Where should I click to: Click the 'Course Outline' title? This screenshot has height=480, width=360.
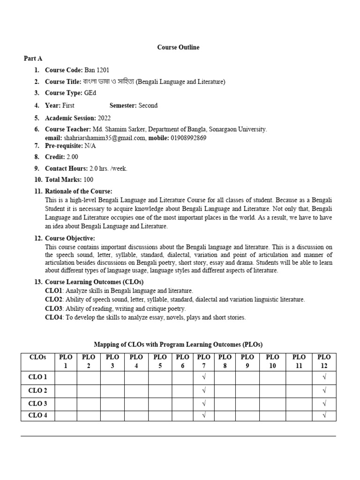point(178,47)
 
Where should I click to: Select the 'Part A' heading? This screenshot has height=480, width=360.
point(33,58)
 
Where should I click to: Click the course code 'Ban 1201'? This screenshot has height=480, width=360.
point(97,70)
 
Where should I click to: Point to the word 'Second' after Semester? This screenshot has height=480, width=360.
point(148,105)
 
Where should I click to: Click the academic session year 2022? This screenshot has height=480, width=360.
point(105,118)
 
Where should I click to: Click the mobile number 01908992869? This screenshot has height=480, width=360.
point(188,138)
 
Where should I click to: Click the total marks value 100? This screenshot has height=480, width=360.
point(89,180)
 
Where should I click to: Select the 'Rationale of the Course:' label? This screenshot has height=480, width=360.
point(78,191)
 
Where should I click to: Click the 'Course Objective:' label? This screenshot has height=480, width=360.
point(70,239)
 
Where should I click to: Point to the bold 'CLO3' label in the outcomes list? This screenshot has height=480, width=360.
point(54,308)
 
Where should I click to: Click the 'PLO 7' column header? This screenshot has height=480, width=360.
point(203,361)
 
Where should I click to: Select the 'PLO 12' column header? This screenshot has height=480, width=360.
point(324,361)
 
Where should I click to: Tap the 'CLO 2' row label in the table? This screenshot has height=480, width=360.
point(38,390)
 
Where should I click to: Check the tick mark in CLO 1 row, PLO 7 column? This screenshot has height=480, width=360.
point(203,377)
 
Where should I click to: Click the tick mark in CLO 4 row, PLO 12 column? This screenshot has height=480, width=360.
point(324,415)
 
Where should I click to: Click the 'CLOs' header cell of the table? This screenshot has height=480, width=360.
point(38,357)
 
